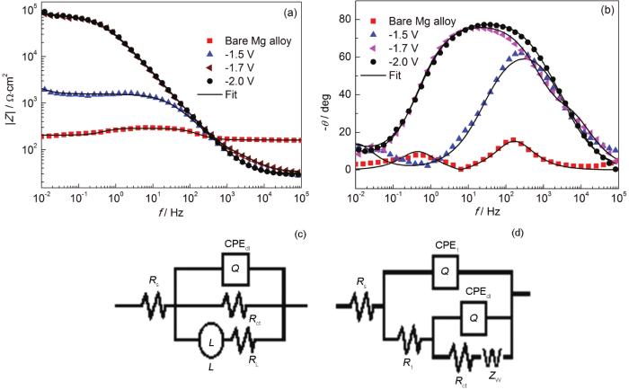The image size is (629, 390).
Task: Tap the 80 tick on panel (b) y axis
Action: click(350, 19)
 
